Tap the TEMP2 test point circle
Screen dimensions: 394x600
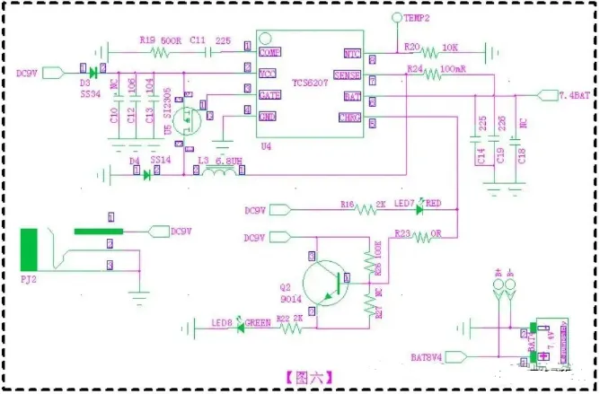[x=396, y=18]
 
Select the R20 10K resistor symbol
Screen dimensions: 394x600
[x=441, y=52]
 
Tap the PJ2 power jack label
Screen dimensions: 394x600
[x=28, y=278]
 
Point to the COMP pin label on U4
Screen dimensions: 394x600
[x=269, y=53]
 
